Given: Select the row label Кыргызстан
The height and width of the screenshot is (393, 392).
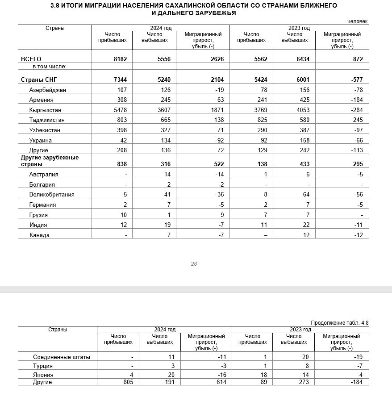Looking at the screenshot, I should click(x=45, y=110).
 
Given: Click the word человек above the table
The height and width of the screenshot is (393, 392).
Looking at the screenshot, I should click(x=358, y=21).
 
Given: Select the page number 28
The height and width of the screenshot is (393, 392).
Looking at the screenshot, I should click(x=194, y=264).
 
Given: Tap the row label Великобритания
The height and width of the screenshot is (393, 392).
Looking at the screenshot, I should click(x=52, y=195).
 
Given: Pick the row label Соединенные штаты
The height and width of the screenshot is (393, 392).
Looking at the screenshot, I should click(x=62, y=357).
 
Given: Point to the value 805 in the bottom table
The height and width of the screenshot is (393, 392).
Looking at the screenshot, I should click(x=127, y=382).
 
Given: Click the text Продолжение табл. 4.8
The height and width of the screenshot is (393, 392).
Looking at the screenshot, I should click(x=340, y=323).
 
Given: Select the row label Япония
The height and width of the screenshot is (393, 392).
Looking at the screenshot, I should click(x=43, y=374).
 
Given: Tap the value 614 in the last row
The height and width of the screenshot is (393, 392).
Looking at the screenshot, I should click(x=221, y=382).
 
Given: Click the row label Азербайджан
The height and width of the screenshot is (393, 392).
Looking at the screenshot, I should click(x=47, y=90).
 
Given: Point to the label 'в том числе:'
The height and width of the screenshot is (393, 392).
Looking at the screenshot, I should click(x=49, y=67).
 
